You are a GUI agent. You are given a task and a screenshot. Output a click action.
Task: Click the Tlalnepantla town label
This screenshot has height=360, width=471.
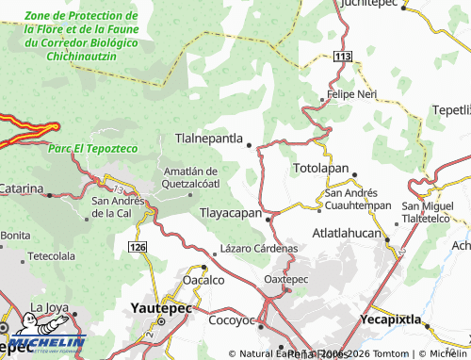pyautogui.click(x=209, y=139)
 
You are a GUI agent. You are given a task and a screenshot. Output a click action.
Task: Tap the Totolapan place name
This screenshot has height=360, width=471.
pyautogui.click(x=320, y=168)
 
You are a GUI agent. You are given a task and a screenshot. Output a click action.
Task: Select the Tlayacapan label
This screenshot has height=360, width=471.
pyautogui.click(x=230, y=214)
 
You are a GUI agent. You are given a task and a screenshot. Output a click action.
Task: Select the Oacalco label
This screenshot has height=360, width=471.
pyautogui.click(x=203, y=280)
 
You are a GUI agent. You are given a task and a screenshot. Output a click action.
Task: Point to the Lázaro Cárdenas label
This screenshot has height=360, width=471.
pyautogui.click(x=259, y=249)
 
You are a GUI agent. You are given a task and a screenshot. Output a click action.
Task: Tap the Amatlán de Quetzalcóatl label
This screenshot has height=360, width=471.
pyautogui.click(x=191, y=176)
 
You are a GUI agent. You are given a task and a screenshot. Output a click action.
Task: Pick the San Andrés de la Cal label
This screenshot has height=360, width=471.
pyautogui.click(x=118, y=206)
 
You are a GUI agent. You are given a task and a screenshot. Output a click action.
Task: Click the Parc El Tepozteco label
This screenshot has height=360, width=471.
pyautogui.click(x=92, y=148)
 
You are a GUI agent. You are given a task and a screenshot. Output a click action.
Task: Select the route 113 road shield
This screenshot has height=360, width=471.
pyautogui.click(x=342, y=58)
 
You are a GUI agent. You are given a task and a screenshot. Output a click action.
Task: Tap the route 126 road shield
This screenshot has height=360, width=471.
pyautogui.click(x=138, y=246)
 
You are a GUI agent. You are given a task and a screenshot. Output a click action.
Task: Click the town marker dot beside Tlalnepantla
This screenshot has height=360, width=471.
pyautogui.click(x=250, y=145)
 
